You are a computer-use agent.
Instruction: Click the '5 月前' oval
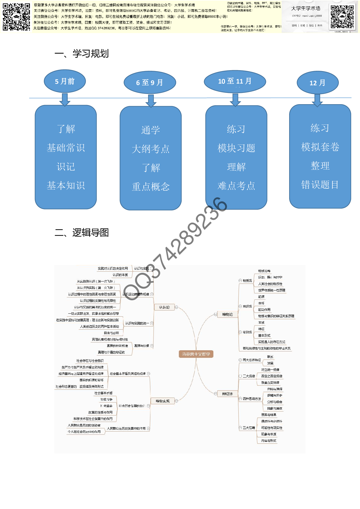point(65,81)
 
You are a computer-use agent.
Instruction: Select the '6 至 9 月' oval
point(150,82)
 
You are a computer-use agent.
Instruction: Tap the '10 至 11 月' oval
point(235,81)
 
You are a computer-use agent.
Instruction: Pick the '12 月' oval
point(317,83)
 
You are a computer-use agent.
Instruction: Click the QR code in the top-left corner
point(16,17)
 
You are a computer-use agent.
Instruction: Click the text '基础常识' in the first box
point(66,148)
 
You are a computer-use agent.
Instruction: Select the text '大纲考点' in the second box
point(150,149)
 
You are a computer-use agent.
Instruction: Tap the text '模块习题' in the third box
point(236,148)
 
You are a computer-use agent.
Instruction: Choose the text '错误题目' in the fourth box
point(320,185)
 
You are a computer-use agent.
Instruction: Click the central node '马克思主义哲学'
point(196,354)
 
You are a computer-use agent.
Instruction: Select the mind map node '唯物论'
point(227,314)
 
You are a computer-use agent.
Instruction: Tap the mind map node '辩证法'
point(227,394)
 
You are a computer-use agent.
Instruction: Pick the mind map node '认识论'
point(164,307)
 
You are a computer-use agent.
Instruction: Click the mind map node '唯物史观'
point(163,401)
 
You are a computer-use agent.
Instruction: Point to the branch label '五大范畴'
point(249,428)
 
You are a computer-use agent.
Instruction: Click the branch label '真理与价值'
point(142,346)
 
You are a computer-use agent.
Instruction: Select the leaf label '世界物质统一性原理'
point(272,290)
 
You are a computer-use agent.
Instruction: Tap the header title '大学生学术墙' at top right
point(306,8)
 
